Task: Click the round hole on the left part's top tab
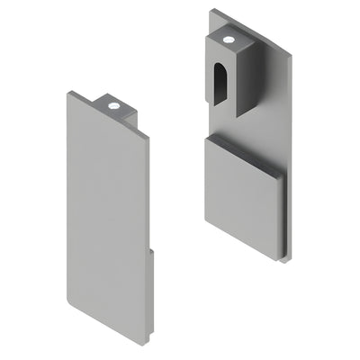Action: point(114,106)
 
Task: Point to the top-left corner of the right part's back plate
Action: point(211,11)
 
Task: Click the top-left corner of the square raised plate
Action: point(206,137)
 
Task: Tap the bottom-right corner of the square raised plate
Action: point(280,257)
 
